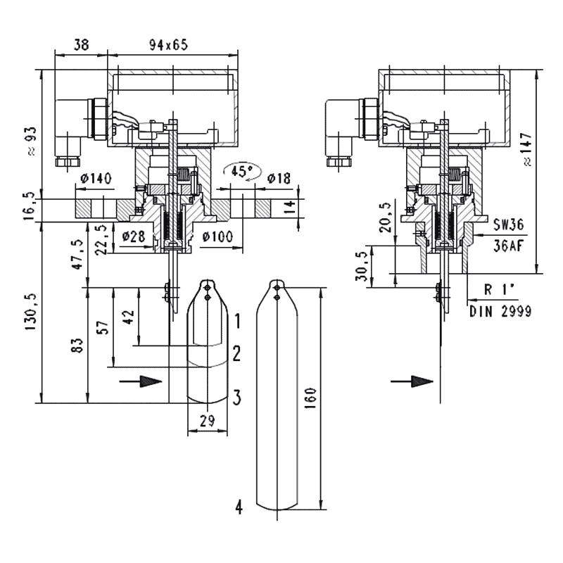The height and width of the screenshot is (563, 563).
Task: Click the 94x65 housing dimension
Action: [169, 44]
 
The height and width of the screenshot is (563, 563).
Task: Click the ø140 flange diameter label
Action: [96, 179]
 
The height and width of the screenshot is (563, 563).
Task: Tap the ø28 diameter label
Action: [134, 236]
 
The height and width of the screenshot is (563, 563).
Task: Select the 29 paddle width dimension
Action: [208, 420]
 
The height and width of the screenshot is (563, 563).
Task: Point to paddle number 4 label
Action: [239, 507]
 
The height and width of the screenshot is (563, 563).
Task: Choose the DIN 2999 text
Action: [500, 310]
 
